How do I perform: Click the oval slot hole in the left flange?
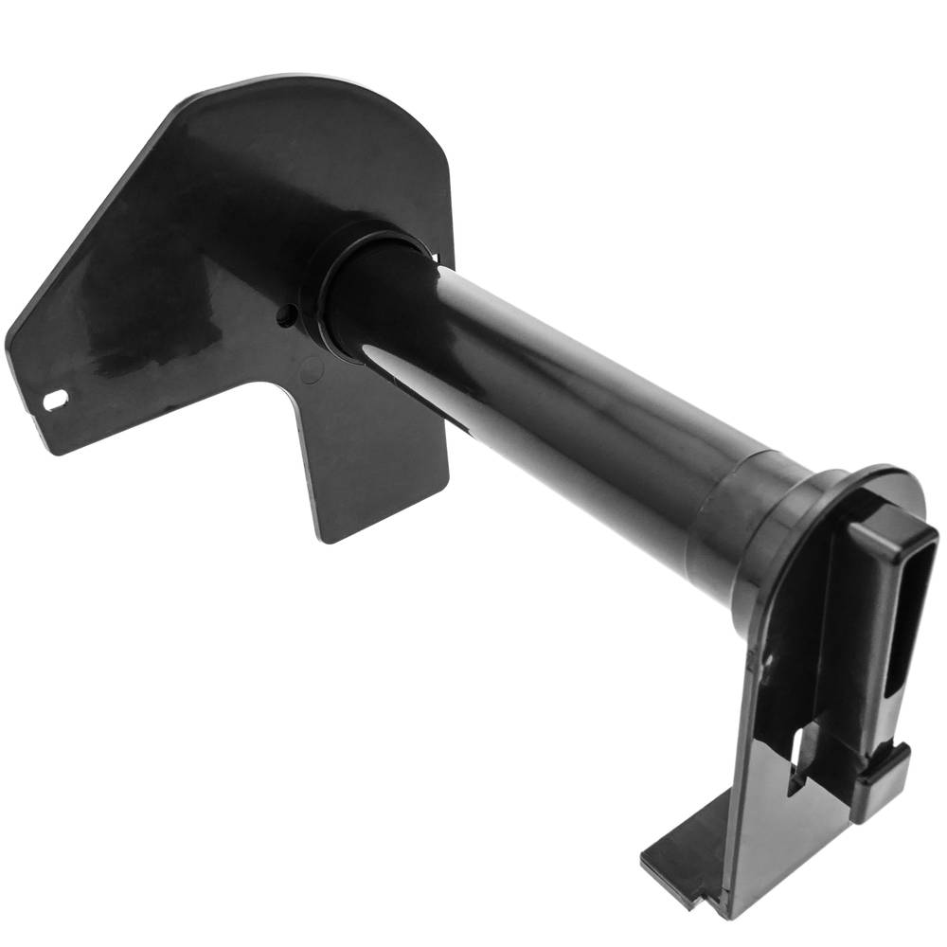(55, 401)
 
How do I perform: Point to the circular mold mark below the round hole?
(311, 371)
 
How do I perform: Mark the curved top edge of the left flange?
(313, 85)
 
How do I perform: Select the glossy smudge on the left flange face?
(114, 313)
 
